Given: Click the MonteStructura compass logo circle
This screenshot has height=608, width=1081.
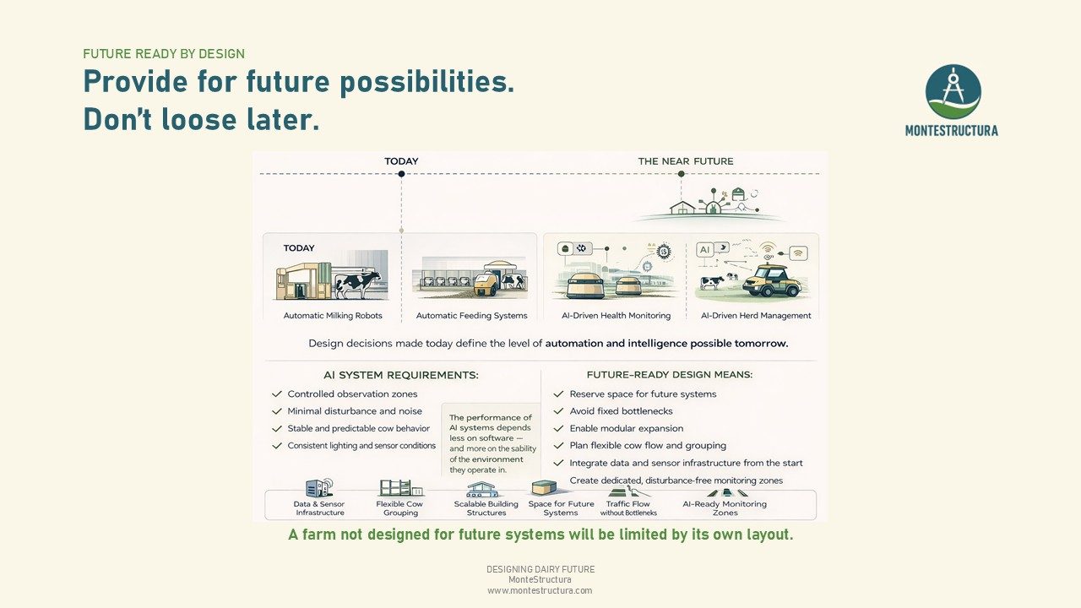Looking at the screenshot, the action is (953, 92).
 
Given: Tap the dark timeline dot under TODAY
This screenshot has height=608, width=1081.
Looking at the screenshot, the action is (401, 174).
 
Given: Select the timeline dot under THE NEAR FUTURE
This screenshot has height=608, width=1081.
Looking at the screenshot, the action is (681, 174).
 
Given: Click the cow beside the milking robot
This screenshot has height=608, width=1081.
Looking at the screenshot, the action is (357, 285).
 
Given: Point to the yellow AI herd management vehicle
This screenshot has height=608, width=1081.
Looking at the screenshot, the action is (771, 281).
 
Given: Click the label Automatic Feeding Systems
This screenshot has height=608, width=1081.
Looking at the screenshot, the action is (471, 316).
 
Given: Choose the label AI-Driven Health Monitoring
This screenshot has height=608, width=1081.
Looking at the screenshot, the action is (616, 316).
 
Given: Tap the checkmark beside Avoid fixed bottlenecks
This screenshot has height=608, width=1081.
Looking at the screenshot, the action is (558, 411).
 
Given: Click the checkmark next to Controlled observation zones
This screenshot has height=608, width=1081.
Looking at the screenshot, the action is (276, 394).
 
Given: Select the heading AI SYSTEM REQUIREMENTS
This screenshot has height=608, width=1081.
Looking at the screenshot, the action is (401, 375).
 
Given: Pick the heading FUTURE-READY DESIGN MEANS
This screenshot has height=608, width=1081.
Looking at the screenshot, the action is (670, 374).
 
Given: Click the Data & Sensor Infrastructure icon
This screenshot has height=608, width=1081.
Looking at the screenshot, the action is (319, 487).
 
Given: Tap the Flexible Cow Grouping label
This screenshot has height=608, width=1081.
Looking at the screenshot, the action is (399, 508).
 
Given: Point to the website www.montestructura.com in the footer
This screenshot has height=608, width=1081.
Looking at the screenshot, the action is (540, 590).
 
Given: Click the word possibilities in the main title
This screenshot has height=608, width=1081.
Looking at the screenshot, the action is (427, 83).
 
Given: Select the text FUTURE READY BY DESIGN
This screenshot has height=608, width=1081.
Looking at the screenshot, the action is (164, 53).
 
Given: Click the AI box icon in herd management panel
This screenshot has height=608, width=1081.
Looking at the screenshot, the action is (704, 249).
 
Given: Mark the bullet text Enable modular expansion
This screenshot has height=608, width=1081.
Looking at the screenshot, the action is (627, 428).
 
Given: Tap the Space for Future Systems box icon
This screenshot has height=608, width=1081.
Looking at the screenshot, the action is (544, 487).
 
